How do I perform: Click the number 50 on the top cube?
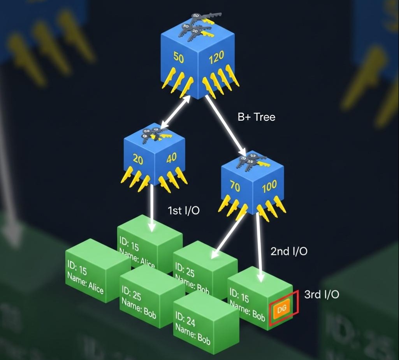[178, 58]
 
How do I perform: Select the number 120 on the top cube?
[216, 58]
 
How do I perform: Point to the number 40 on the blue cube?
[171, 158]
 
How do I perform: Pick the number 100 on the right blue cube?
[269, 187]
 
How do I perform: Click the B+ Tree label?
[256, 117]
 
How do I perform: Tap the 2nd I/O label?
[289, 251]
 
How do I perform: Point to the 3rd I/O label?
[321, 294]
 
